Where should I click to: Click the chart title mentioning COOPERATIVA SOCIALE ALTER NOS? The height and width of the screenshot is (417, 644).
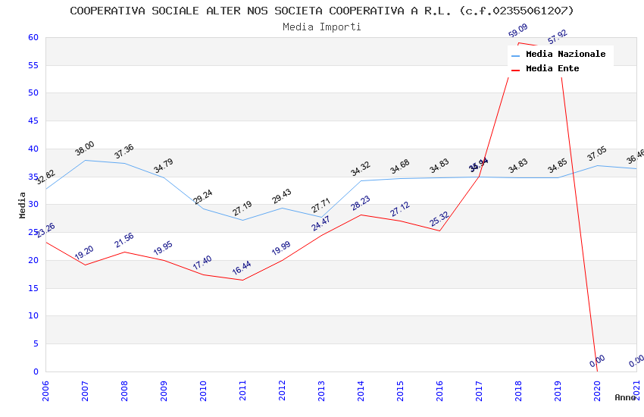(x=322, y=11)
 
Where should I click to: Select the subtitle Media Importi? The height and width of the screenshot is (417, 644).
(x=322, y=27)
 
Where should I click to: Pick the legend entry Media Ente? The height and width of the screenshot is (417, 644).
(x=552, y=69)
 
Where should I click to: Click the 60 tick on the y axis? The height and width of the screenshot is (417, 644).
(x=33, y=37)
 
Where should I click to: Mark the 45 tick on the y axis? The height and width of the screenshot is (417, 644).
(x=33, y=121)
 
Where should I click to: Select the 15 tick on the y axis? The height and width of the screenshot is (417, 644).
(x=33, y=288)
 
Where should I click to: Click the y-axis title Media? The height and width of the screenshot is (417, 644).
(x=23, y=205)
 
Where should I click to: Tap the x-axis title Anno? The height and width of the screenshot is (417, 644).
(x=625, y=397)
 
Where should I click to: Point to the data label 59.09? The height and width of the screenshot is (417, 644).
(x=517, y=31)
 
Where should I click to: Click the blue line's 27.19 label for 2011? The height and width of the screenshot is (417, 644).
(x=242, y=208)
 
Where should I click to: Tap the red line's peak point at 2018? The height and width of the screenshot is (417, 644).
(x=518, y=42)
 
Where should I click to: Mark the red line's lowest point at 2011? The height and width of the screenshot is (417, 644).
(x=242, y=280)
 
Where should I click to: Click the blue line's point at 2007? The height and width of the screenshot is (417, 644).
(x=85, y=160)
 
